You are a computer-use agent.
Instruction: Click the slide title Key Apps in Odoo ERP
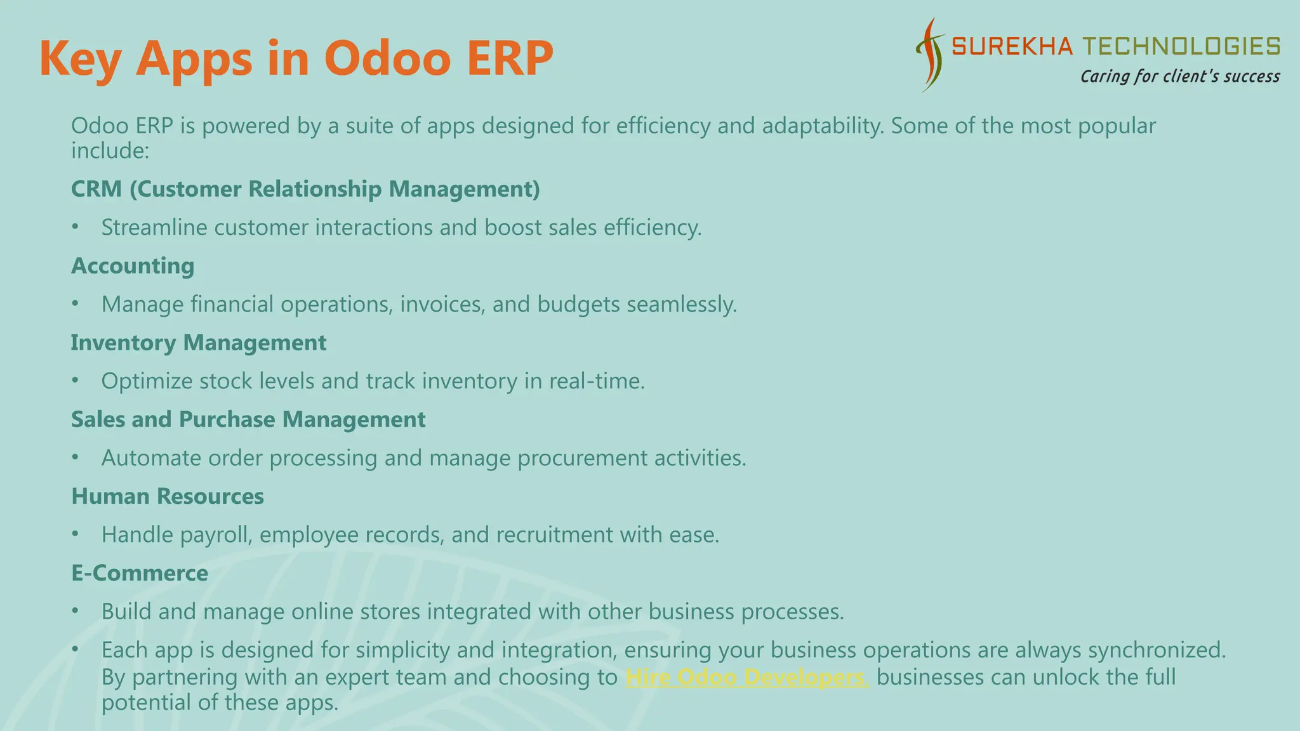(296, 58)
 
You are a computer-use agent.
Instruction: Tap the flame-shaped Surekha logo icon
(931, 56)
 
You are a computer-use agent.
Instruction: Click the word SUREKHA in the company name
(1012, 46)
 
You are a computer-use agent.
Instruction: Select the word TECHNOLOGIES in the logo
(1181, 46)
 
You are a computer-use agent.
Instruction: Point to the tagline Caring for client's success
(1179, 77)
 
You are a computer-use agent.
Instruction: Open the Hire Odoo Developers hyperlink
(746, 677)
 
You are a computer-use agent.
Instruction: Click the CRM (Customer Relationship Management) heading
(305, 189)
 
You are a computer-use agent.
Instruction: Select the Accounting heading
(133, 266)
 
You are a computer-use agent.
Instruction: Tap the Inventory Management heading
(198, 343)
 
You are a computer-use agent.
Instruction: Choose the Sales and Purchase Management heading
(248, 419)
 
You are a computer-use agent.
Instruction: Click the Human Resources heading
(168, 496)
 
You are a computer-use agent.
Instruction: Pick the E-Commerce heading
(140, 573)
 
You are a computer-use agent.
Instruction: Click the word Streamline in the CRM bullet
(154, 228)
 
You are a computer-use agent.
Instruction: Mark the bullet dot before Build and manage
(75, 611)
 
